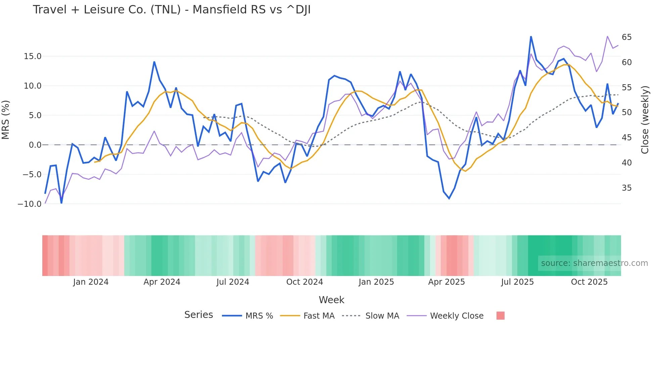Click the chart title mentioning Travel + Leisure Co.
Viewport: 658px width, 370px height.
(172, 10)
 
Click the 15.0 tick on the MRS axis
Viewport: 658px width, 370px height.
(33, 56)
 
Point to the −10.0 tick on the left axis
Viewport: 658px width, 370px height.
(30, 204)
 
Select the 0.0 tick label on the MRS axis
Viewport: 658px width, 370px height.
(35, 145)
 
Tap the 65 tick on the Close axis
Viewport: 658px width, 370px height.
(626, 37)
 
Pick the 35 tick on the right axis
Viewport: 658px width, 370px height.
(626, 188)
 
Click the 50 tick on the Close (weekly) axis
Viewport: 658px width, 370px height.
(626, 112)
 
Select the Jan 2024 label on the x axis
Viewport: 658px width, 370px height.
(91, 282)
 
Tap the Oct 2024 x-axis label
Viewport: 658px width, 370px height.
(304, 282)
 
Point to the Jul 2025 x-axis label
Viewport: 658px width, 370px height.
(517, 282)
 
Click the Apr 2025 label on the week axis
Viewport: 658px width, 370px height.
(446, 282)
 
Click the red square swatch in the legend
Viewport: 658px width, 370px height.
(500, 316)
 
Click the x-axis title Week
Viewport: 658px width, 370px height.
(331, 300)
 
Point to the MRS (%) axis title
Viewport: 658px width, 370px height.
(6, 120)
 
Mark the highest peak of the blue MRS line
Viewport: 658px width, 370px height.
(531, 37)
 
